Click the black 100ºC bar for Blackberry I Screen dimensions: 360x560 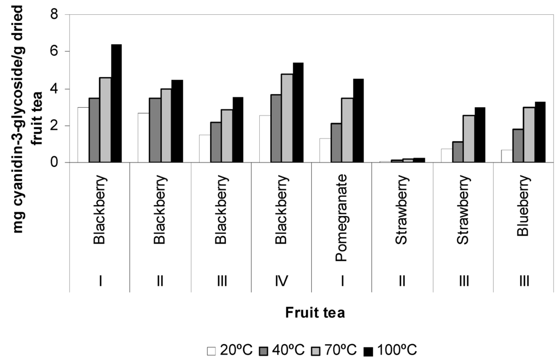point(116,104)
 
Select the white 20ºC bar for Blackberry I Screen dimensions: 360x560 point(83,135)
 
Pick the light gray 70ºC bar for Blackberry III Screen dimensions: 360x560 point(226,136)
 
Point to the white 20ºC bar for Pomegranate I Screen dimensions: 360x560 point(325,150)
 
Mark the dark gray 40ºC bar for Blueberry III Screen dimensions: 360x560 point(517,146)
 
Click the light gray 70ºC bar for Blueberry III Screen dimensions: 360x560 point(529,135)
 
